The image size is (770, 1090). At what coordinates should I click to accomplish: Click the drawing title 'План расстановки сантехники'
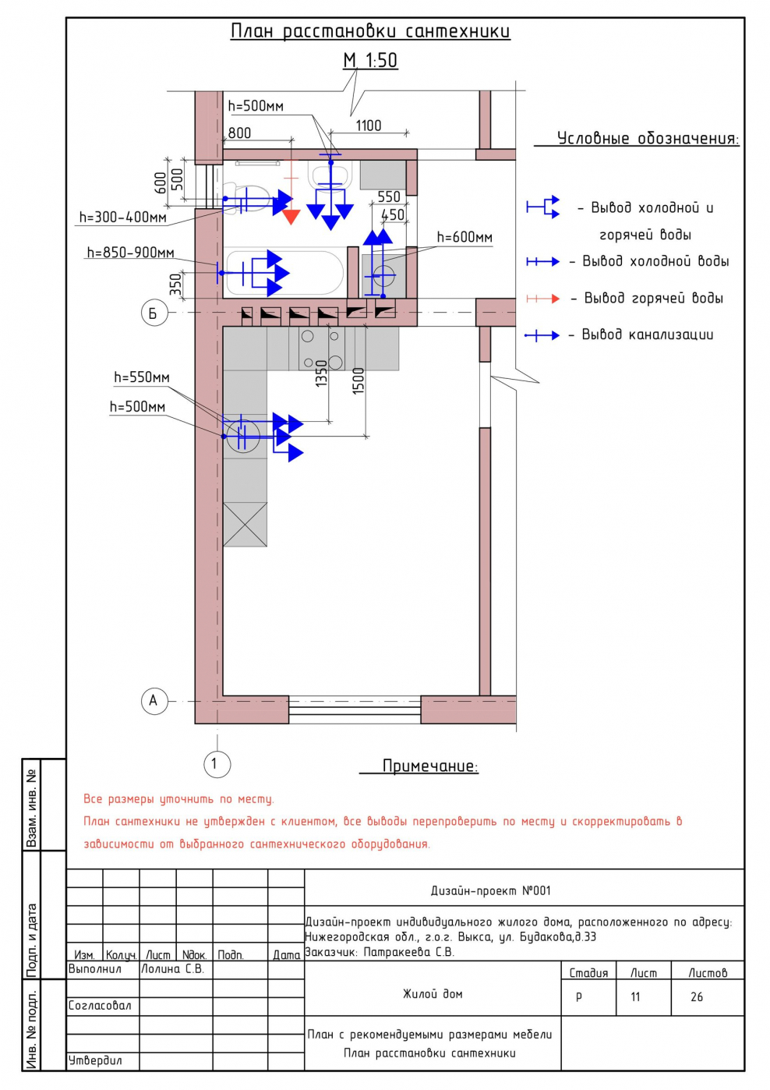pos(370,31)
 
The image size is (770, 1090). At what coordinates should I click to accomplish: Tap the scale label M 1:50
pos(370,60)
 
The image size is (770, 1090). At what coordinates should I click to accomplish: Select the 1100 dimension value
pos(369,126)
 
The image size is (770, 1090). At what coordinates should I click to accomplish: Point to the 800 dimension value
pos(239,133)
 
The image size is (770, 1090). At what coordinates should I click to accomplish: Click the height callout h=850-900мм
pos(130,253)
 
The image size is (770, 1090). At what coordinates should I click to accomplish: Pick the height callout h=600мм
pos(464,237)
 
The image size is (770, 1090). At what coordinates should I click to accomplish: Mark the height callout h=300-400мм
pos(122,218)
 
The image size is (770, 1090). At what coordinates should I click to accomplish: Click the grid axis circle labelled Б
pos(154,313)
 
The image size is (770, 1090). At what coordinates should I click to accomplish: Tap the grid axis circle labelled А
pos(154,700)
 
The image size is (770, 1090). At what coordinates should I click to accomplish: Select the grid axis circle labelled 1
pos(215,763)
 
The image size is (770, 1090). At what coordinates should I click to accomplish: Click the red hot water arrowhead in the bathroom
pos(291,216)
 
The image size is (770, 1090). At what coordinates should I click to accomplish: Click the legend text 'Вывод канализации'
pos(647,334)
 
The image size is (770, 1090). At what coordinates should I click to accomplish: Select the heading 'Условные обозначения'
pos(647,139)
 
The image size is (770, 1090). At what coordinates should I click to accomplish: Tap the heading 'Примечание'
pos(429,766)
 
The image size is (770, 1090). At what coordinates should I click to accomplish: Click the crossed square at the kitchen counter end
pos(245,524)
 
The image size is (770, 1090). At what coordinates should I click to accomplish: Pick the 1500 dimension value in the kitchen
pos(359,380)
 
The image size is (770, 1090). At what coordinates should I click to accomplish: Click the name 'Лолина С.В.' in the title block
pos(172,969)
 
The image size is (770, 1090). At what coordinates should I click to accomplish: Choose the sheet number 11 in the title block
pos(635,996)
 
